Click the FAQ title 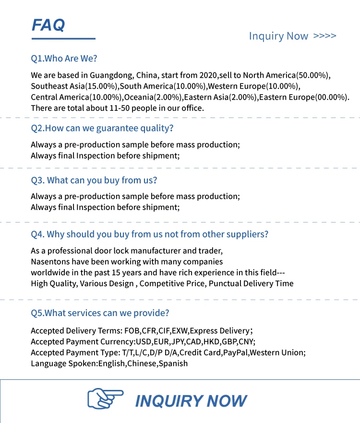(48, 24)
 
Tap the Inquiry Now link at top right (292, 36)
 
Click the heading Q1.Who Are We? (64, 59)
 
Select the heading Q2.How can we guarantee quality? (102, 128)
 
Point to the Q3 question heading (94, 180)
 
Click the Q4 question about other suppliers (149, 234)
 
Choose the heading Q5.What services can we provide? (100, 313)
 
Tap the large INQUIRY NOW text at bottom (191, 401)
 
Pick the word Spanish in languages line (174, 364)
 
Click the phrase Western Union (277, 352)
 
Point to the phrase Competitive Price (172, 283)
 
